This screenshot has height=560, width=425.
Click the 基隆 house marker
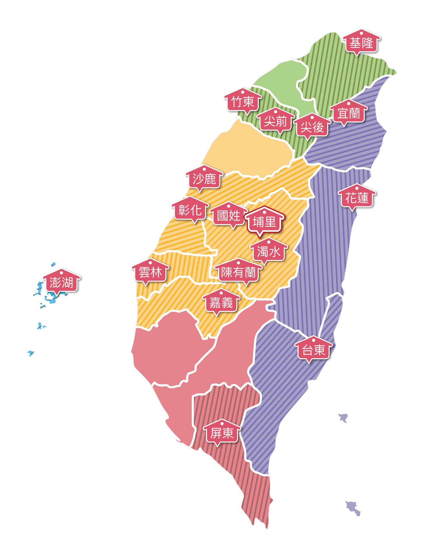pos(361,43)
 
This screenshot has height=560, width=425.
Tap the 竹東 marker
pos(243,102)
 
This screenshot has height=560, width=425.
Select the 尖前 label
pos(275,121)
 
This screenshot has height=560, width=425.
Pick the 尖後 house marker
pos(312,127)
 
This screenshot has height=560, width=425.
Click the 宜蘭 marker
pos(349,113)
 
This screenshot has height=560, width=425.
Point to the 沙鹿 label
pos(204,179)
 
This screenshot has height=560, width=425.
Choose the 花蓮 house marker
pos(357,198)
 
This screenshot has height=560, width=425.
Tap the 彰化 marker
pos(190,211)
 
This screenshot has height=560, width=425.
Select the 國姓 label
pos(228,216)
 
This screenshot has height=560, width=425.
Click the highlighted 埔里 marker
pos(264,222)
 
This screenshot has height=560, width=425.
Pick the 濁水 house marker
pos(269,252)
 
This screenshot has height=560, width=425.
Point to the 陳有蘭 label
pos(238,273)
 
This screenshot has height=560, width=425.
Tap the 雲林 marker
pos(150,273)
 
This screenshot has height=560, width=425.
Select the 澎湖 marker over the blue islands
pos(61,283)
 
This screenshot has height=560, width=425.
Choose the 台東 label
pos(314,350)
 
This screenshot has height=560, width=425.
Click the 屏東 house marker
pos(222,433)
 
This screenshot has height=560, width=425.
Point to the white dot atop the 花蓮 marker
pos(357,188)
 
